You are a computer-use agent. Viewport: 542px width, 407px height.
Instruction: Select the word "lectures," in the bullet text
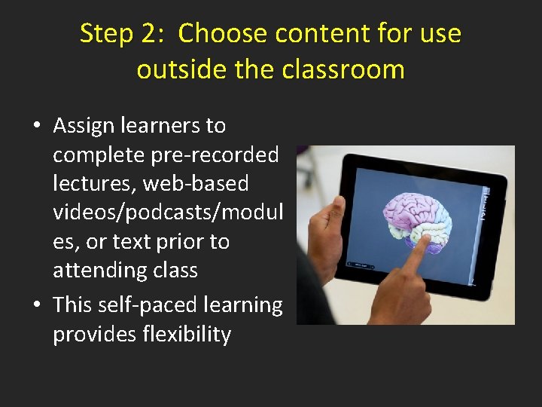tap(96, 183)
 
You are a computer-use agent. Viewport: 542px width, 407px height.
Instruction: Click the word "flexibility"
tap(186, 334)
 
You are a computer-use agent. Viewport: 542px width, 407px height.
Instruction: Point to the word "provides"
tap(94, 334)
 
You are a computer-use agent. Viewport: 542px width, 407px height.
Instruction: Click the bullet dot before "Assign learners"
tap(36, 126)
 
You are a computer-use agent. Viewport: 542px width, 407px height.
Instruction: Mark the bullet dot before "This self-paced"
tap(36, 305)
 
